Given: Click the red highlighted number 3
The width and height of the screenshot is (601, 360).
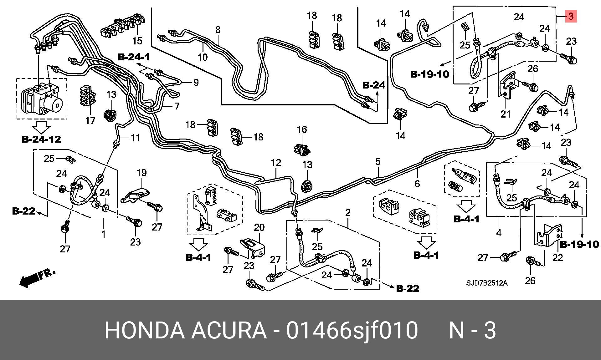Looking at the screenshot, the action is click(x=571, y=16).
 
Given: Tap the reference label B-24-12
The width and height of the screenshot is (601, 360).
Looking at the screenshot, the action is click(x=41, y=139).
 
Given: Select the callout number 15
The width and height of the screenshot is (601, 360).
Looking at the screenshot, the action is click(x=137, y=41).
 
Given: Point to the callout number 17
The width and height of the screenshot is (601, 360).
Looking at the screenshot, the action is click(x=90, y=121).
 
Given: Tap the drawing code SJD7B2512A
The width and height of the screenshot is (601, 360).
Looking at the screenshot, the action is click(x=487, y=283).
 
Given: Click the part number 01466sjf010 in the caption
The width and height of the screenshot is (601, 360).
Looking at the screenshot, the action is click(x=352, y=330).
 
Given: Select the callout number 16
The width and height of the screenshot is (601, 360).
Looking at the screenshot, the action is click(x=302, y=129).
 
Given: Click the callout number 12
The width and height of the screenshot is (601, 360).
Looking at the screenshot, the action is click(x=276, y=163).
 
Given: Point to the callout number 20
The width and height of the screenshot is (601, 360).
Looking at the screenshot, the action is click(x=259, y=227).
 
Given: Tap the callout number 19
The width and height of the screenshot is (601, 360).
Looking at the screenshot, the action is click(x=141, y=173).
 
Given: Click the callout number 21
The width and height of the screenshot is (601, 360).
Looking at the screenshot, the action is click(x=505, y=114).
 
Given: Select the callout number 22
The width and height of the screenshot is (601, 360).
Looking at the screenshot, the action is click(x=557, y=257).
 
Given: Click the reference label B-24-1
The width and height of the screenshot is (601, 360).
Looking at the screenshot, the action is click(x=134, y=57).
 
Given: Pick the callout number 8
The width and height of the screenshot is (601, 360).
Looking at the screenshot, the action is click(x=218, y=30).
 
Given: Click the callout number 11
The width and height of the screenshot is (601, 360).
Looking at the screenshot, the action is click(x=135, y=138).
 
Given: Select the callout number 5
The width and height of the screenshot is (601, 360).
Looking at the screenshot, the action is click(x=378, y=162).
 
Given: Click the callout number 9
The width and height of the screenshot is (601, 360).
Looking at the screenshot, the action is click(x=196, y=83).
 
